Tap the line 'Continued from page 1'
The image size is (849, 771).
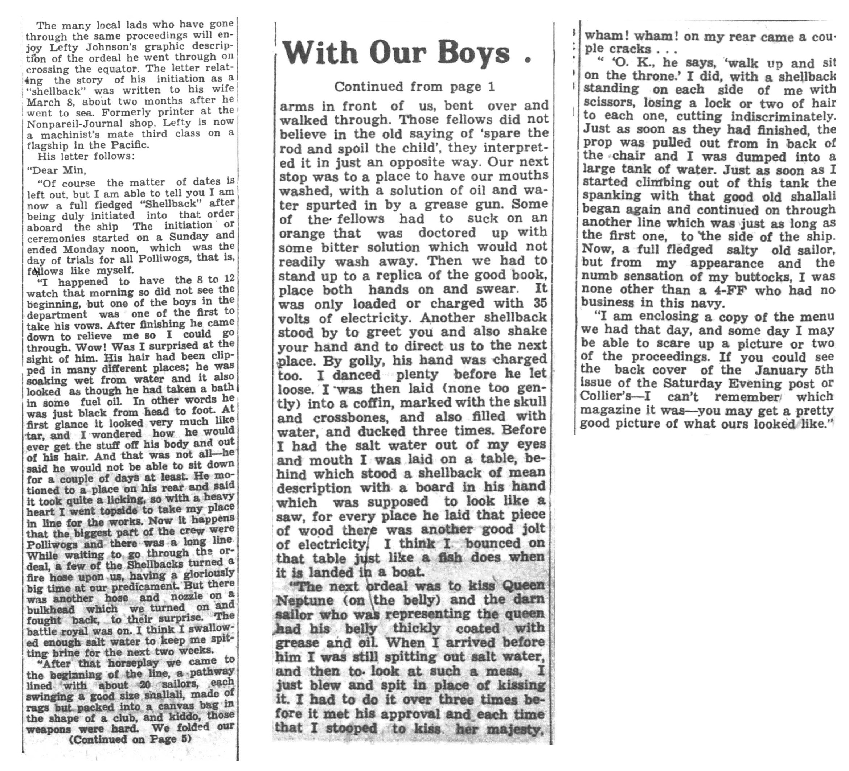coord(414,86)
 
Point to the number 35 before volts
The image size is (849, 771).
coord(540,303)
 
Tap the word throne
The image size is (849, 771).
coord(657,76)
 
